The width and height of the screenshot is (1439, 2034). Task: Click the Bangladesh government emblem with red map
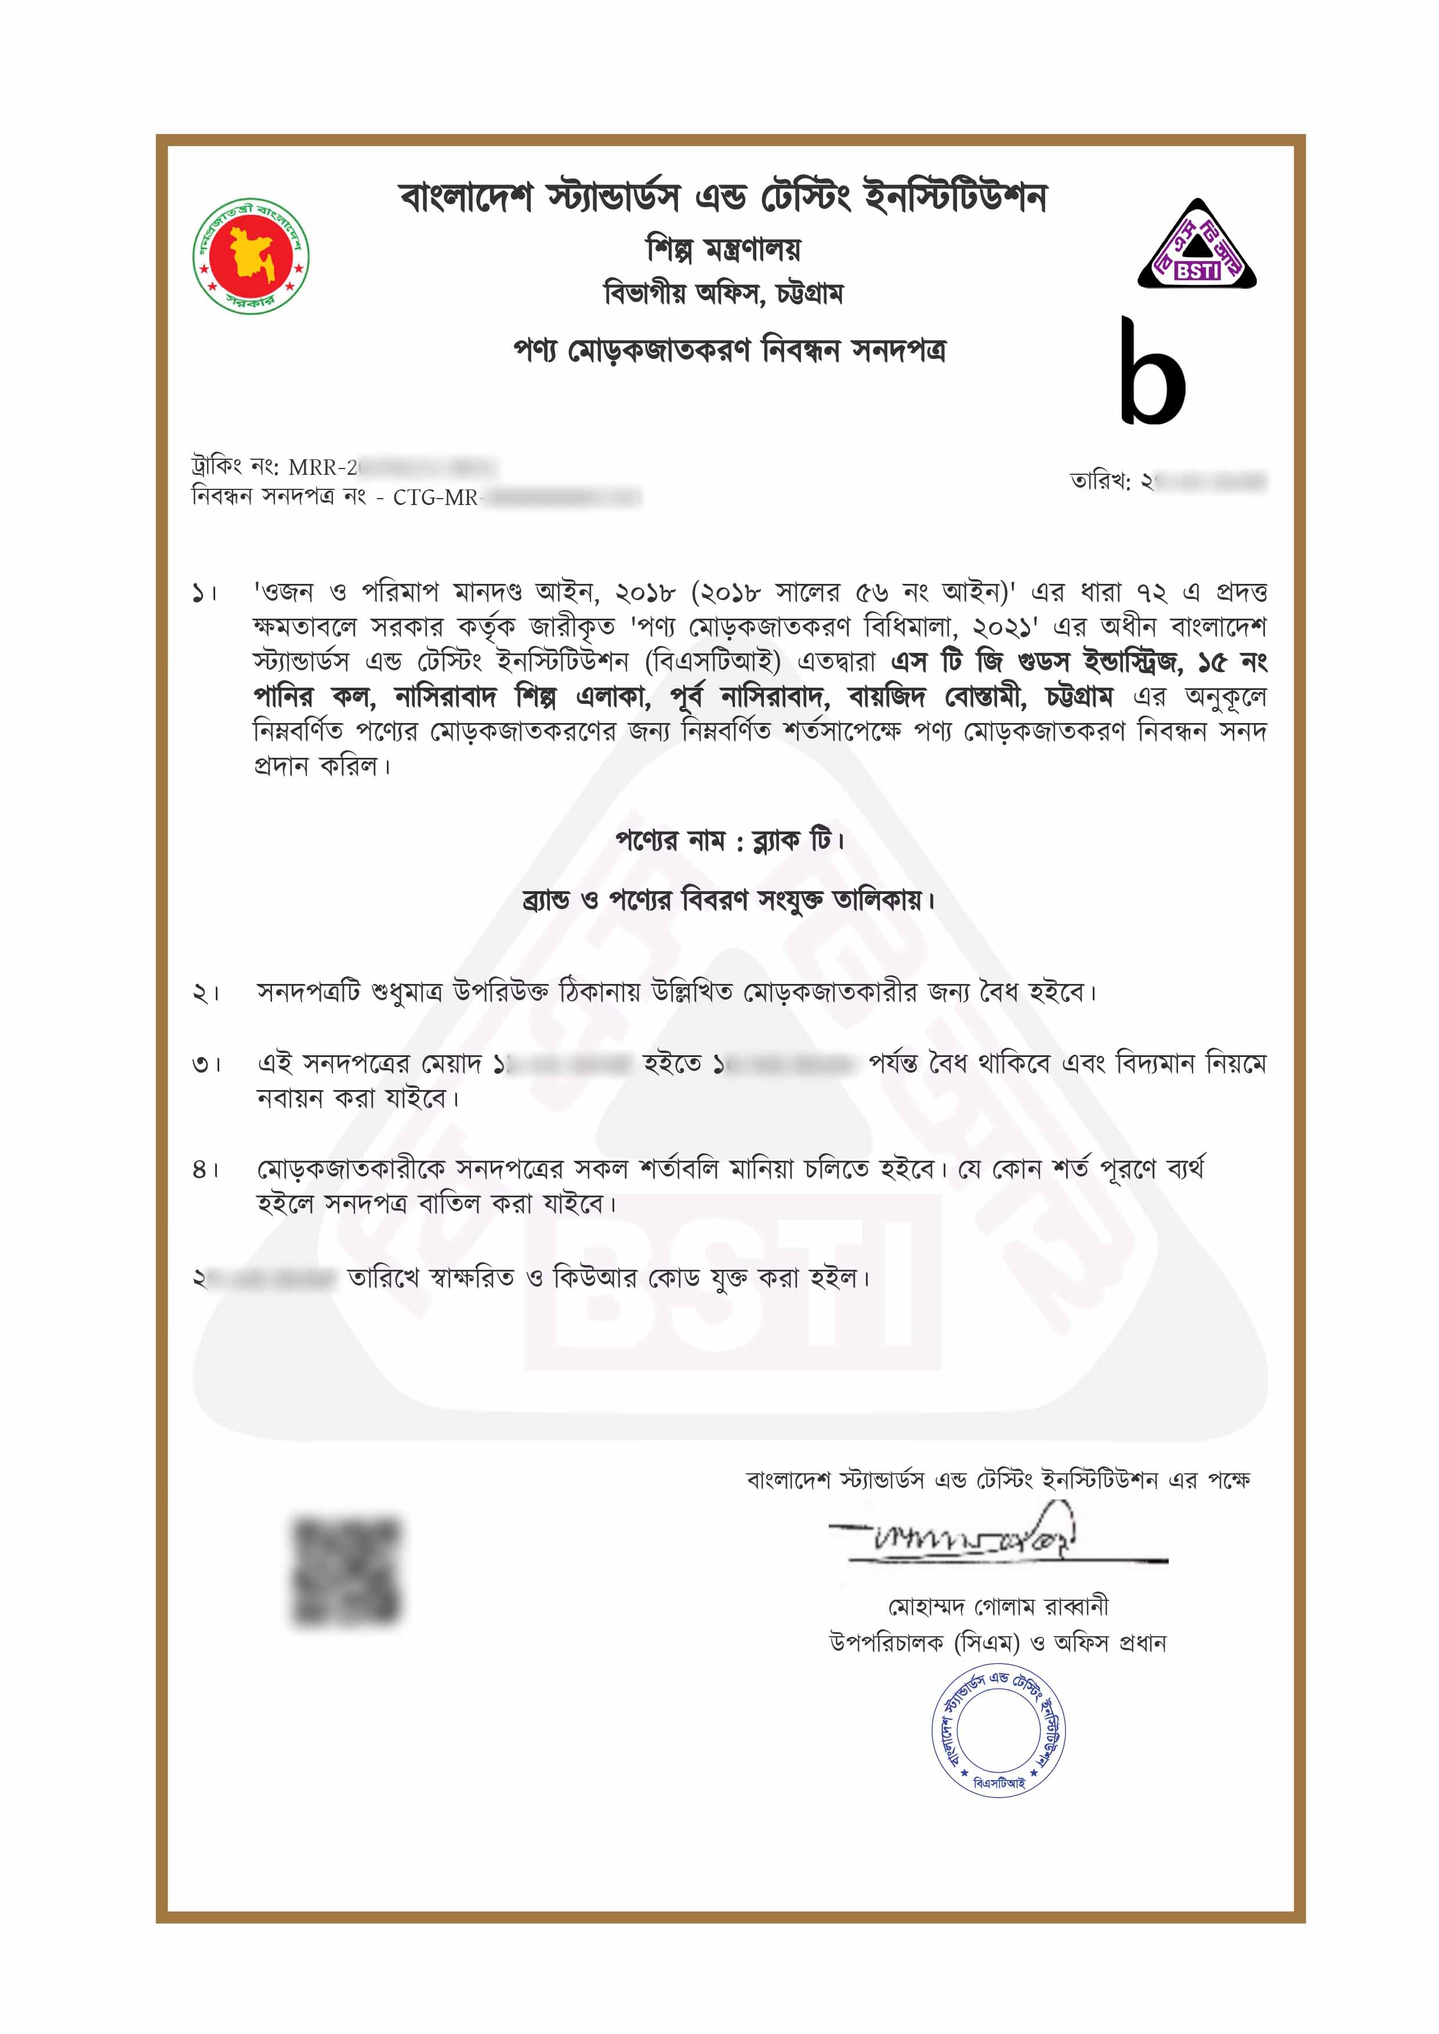251,255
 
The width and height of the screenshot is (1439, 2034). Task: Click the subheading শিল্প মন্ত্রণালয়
723,250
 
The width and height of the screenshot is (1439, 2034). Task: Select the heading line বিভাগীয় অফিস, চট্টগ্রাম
723,293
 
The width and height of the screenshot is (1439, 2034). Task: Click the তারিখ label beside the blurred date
1100,482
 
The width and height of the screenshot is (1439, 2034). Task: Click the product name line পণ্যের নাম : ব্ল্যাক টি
729,840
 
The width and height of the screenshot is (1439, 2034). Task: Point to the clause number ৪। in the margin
205,1170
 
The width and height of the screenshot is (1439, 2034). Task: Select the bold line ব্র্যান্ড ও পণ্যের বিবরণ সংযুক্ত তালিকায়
729,901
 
